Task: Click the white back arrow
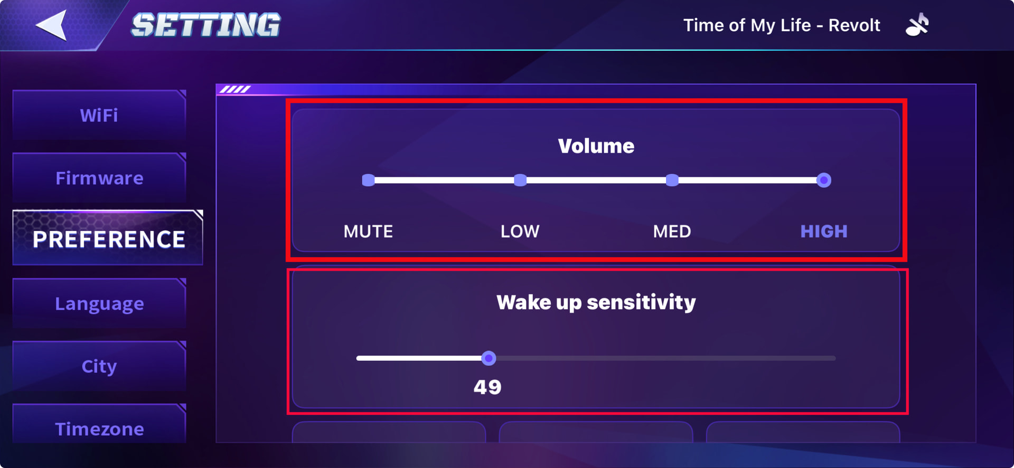(x=53, y=25)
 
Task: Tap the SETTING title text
(x=206, y=25)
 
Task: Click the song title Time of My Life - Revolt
(x=782, y=25)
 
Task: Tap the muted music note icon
(x=917, y=24)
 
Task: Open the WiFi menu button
(x=99, y=115)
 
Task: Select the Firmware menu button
(x=99, y=178)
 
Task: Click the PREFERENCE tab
(x=108, y=238)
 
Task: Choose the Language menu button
(x=99, y=303)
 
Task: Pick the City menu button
(x=99, y=366)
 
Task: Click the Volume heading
(x=596, y=146)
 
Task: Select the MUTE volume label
(x=368, y=231)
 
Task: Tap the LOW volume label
(x=520, y=231)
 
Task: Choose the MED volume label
(x=672, y=231)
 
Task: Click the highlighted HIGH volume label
(x=824, y=231)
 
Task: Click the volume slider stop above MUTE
(x=369, y=180)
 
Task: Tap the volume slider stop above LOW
(x=520, y=180)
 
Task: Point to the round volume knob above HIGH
(x=824, y=180)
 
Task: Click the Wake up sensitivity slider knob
(x=489, y=358)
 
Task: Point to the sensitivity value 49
(x=487, y=387)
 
